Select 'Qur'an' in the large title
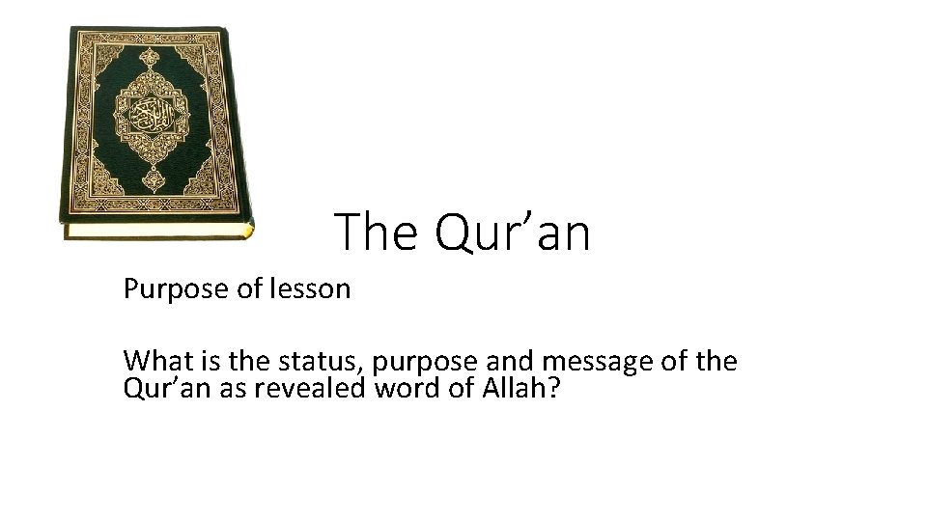click(x=512, y=233)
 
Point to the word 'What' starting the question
click(x=154, y=362)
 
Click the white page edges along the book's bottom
click(x=154, y=232)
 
